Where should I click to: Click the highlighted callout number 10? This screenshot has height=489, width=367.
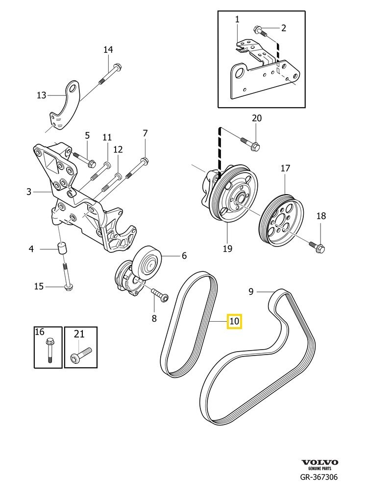(x=234, y=321)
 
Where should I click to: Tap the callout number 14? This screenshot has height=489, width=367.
(x=108, y=49)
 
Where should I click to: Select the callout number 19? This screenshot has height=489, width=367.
(x=227, y=248)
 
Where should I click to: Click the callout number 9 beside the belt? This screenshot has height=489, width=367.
(x=250, y=292)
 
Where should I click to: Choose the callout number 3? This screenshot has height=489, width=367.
(x=29, y=192)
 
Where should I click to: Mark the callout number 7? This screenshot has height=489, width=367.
(x=145, y=133)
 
